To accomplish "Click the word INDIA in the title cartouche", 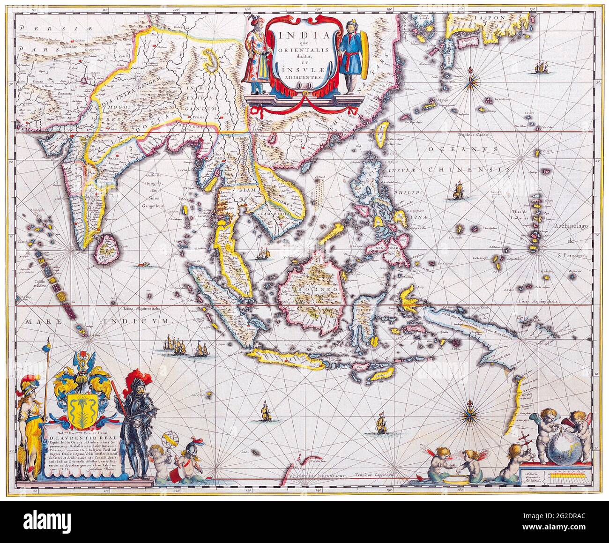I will click(x=298, y=36).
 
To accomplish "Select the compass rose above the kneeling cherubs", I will click(x=468, y=413).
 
